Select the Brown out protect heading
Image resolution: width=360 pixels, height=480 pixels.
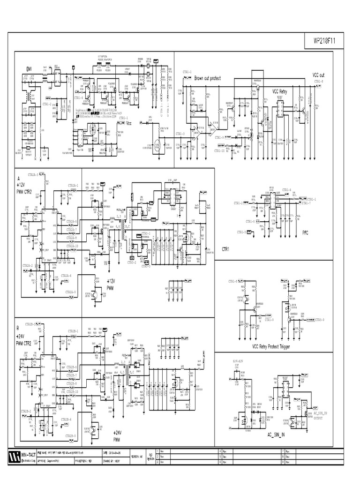coord(207,78)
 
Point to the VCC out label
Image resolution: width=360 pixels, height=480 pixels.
coord(318,75)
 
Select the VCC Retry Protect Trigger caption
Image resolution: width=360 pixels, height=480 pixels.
coord(271,346)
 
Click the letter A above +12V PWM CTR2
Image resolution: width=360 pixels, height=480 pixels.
coord(19,178)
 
